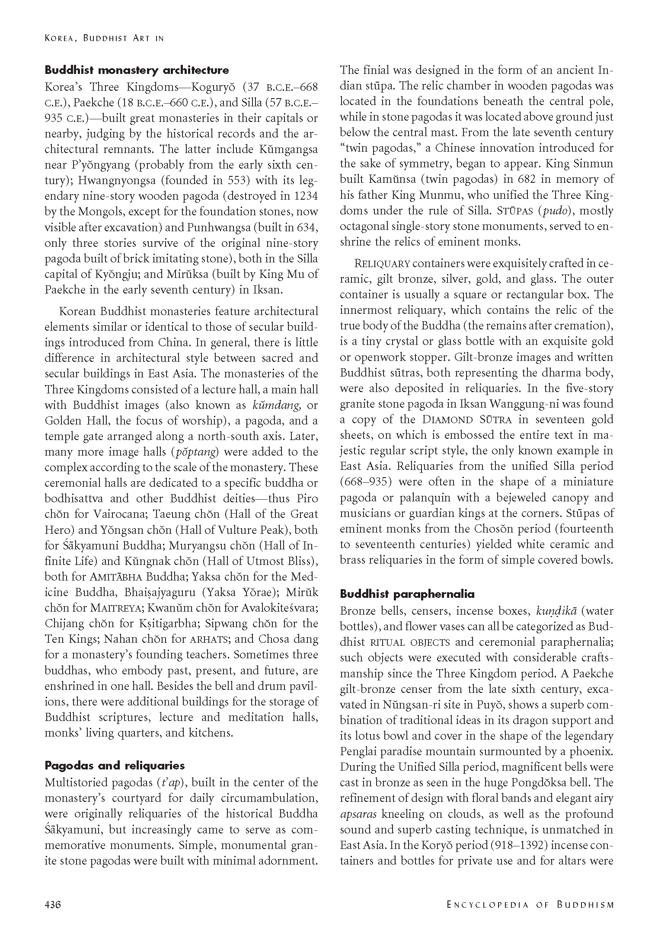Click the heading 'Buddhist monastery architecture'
[x=137, y=70]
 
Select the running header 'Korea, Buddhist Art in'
[x=104, y=38]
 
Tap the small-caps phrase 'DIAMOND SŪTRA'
[x=467, y=420]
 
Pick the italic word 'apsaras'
[x=358, y=814]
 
